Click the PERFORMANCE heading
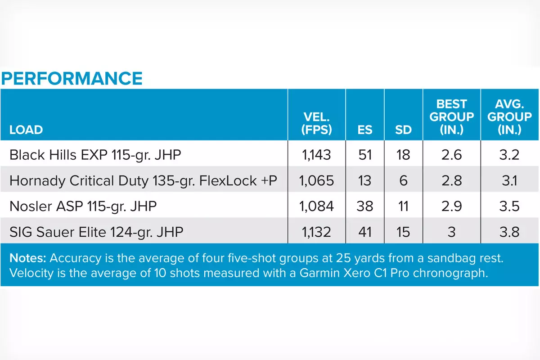tap(72, 78)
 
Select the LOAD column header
tap(26, 130)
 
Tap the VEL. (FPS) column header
tap(317, 124)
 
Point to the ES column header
tap(365, 130)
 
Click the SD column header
tap(403, 130)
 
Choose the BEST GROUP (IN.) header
tap(451, 117)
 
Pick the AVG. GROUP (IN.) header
tap(510, 117)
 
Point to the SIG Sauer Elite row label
tap(96, 232)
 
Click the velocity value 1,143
tap(317, 155)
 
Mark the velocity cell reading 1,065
tap(317, 180)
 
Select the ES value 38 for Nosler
tap(365, 206)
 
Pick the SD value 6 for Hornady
tap(403, 180)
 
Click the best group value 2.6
tap(451, 155)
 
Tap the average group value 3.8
tap(510, 232)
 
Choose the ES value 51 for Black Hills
tap(365, 155)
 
